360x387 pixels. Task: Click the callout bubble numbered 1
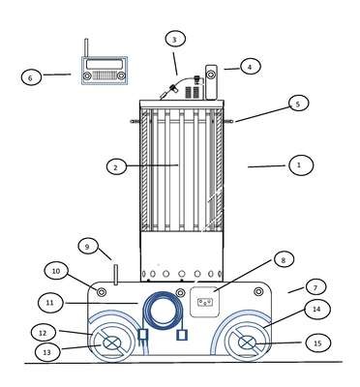point(301,165)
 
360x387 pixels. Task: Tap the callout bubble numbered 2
point(116,166)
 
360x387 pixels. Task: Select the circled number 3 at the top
point(175,40)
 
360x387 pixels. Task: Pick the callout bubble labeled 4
point(250,67)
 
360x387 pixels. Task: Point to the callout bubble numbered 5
point(298,104)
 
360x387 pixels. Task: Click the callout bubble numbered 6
point(31,77)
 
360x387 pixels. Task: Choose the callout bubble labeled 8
point(284,259)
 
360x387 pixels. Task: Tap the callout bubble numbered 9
point(87,247)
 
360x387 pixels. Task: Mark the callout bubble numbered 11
point(49,303)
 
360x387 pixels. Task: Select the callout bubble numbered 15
point(317,342)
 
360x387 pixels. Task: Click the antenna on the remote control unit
point(86,48)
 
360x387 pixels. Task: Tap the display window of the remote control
point(105,64)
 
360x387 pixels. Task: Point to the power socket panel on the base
point(204,302)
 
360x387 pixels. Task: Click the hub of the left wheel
point(111,343)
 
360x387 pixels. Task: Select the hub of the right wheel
point(248,342)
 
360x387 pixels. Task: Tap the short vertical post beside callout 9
point(116,275)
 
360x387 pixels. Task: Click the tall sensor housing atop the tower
point(211,82)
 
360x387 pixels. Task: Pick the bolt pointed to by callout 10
point(102,292)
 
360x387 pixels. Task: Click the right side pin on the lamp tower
point(228,121)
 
